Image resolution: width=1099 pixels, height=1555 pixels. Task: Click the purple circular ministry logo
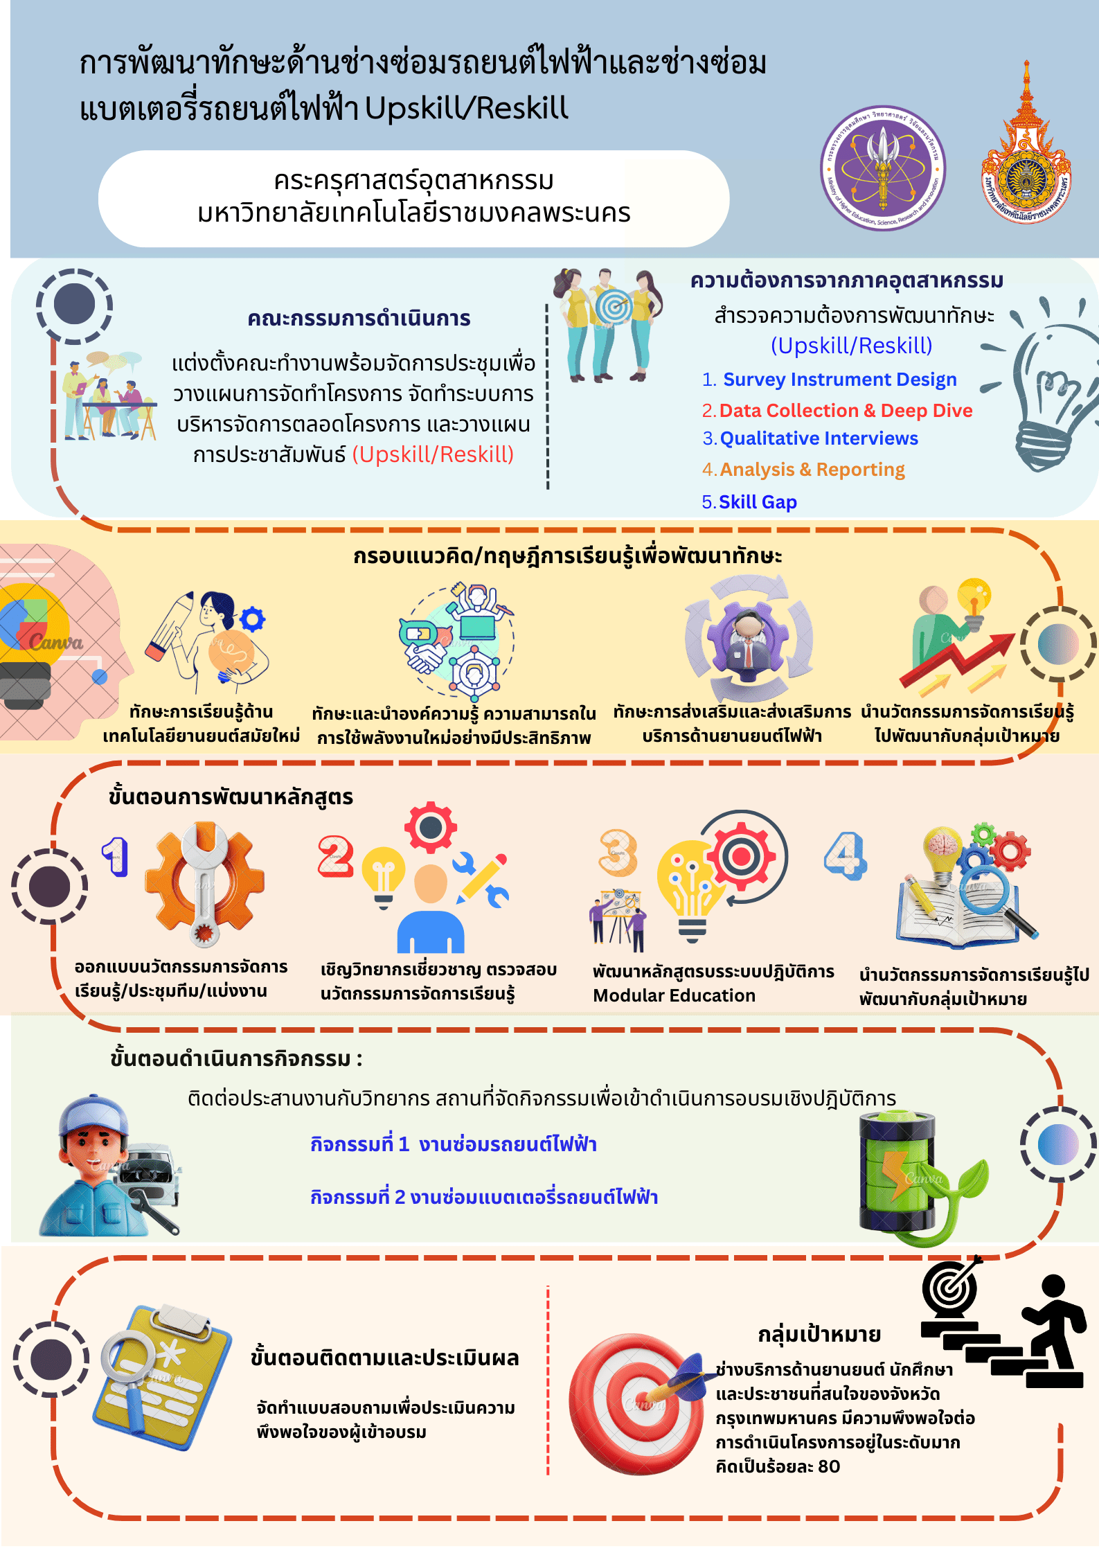[x=883, y=168]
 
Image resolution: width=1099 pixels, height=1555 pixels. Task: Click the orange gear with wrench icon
[x=204, y=885]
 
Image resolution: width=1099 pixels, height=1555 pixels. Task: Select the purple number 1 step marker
[x=116, y=856]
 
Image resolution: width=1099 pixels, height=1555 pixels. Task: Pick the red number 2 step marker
[x=335, y=856]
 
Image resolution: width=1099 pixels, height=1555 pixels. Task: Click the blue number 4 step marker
[x=845, y=855]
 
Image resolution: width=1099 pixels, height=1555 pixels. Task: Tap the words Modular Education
[x=674, y=995]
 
